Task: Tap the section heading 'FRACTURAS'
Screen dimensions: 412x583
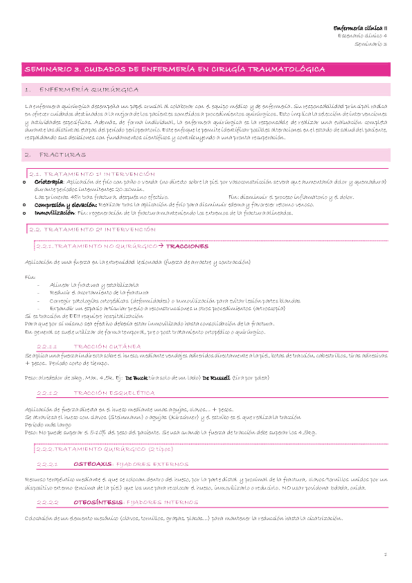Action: pyautogui.click(x=58, y=156)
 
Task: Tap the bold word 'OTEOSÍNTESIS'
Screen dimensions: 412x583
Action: pyautogui.click(x=98, y=501)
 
